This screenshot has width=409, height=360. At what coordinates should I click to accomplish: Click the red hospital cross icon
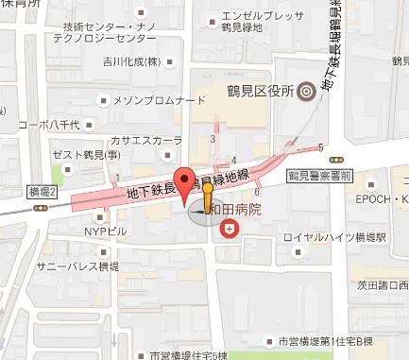click(x=229, y=228)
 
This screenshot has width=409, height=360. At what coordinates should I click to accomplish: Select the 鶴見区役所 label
click(x=256, y=92)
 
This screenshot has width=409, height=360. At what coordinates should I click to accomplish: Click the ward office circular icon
click(x=304, y=92)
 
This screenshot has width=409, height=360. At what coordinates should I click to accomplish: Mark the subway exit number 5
click(x=321, y=146)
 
